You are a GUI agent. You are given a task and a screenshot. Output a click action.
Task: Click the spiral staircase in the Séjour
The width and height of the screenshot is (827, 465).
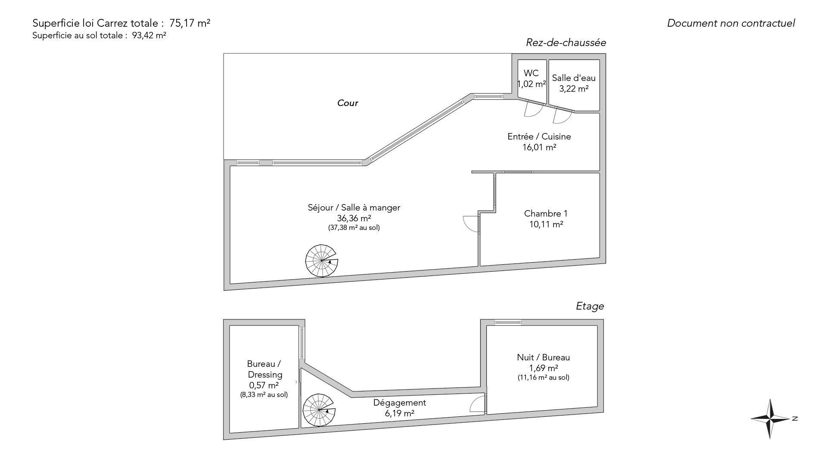(321, 261)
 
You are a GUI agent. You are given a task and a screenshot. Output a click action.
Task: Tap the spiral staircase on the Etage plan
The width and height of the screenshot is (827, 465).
(319, 410)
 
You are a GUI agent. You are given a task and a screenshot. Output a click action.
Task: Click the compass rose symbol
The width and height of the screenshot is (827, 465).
(771, 418)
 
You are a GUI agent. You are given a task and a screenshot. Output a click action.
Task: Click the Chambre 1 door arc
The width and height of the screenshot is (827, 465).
(471, 223)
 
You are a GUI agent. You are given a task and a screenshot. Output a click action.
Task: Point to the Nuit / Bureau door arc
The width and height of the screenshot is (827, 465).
(477, 405)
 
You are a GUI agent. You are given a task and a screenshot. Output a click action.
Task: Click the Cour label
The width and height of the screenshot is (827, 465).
(348, 103)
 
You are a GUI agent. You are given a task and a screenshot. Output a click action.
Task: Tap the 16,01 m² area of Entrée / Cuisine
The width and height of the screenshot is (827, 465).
(539, 147)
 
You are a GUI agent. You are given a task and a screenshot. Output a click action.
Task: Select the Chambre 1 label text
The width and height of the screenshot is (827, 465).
(546, 214)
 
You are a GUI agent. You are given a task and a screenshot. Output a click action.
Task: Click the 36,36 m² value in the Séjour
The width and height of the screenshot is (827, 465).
(354, 218)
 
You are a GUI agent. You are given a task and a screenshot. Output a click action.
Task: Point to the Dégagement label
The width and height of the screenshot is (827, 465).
(399, 403)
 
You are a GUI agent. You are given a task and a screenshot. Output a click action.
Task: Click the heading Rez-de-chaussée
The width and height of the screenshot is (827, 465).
(566, 43)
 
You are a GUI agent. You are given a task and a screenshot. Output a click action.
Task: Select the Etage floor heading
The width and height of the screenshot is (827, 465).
(590, 306)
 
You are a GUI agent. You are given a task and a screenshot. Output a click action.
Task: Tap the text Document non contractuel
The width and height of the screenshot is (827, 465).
(731, 23)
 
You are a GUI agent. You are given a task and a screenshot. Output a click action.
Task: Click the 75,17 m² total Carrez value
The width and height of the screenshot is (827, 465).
(193, 23)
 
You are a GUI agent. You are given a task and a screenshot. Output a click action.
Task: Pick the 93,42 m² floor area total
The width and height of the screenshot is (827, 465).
(149, 36)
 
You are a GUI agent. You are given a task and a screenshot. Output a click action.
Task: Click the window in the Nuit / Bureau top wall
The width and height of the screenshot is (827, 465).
(508, 322)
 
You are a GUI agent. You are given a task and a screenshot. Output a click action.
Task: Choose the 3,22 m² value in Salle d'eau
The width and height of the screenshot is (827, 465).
(574, 89)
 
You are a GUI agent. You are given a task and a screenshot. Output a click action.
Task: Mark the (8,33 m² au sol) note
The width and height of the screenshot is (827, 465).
(264, 394)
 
